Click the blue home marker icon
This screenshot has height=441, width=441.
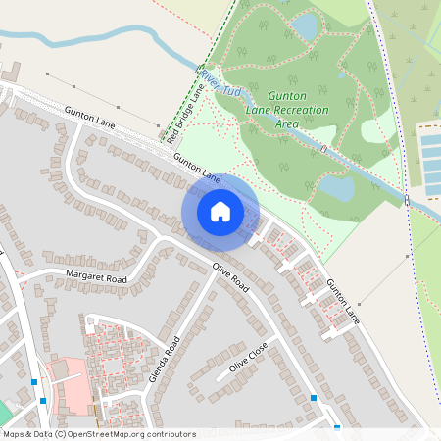click(220, 211)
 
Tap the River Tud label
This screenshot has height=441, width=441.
click(220, 81)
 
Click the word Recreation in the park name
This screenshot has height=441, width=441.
click(302, 111)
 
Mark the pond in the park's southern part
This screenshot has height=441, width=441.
click(336, 186)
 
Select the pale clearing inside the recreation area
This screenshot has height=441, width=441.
click(376, 130)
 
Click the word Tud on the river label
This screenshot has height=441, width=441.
click(232, 90)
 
